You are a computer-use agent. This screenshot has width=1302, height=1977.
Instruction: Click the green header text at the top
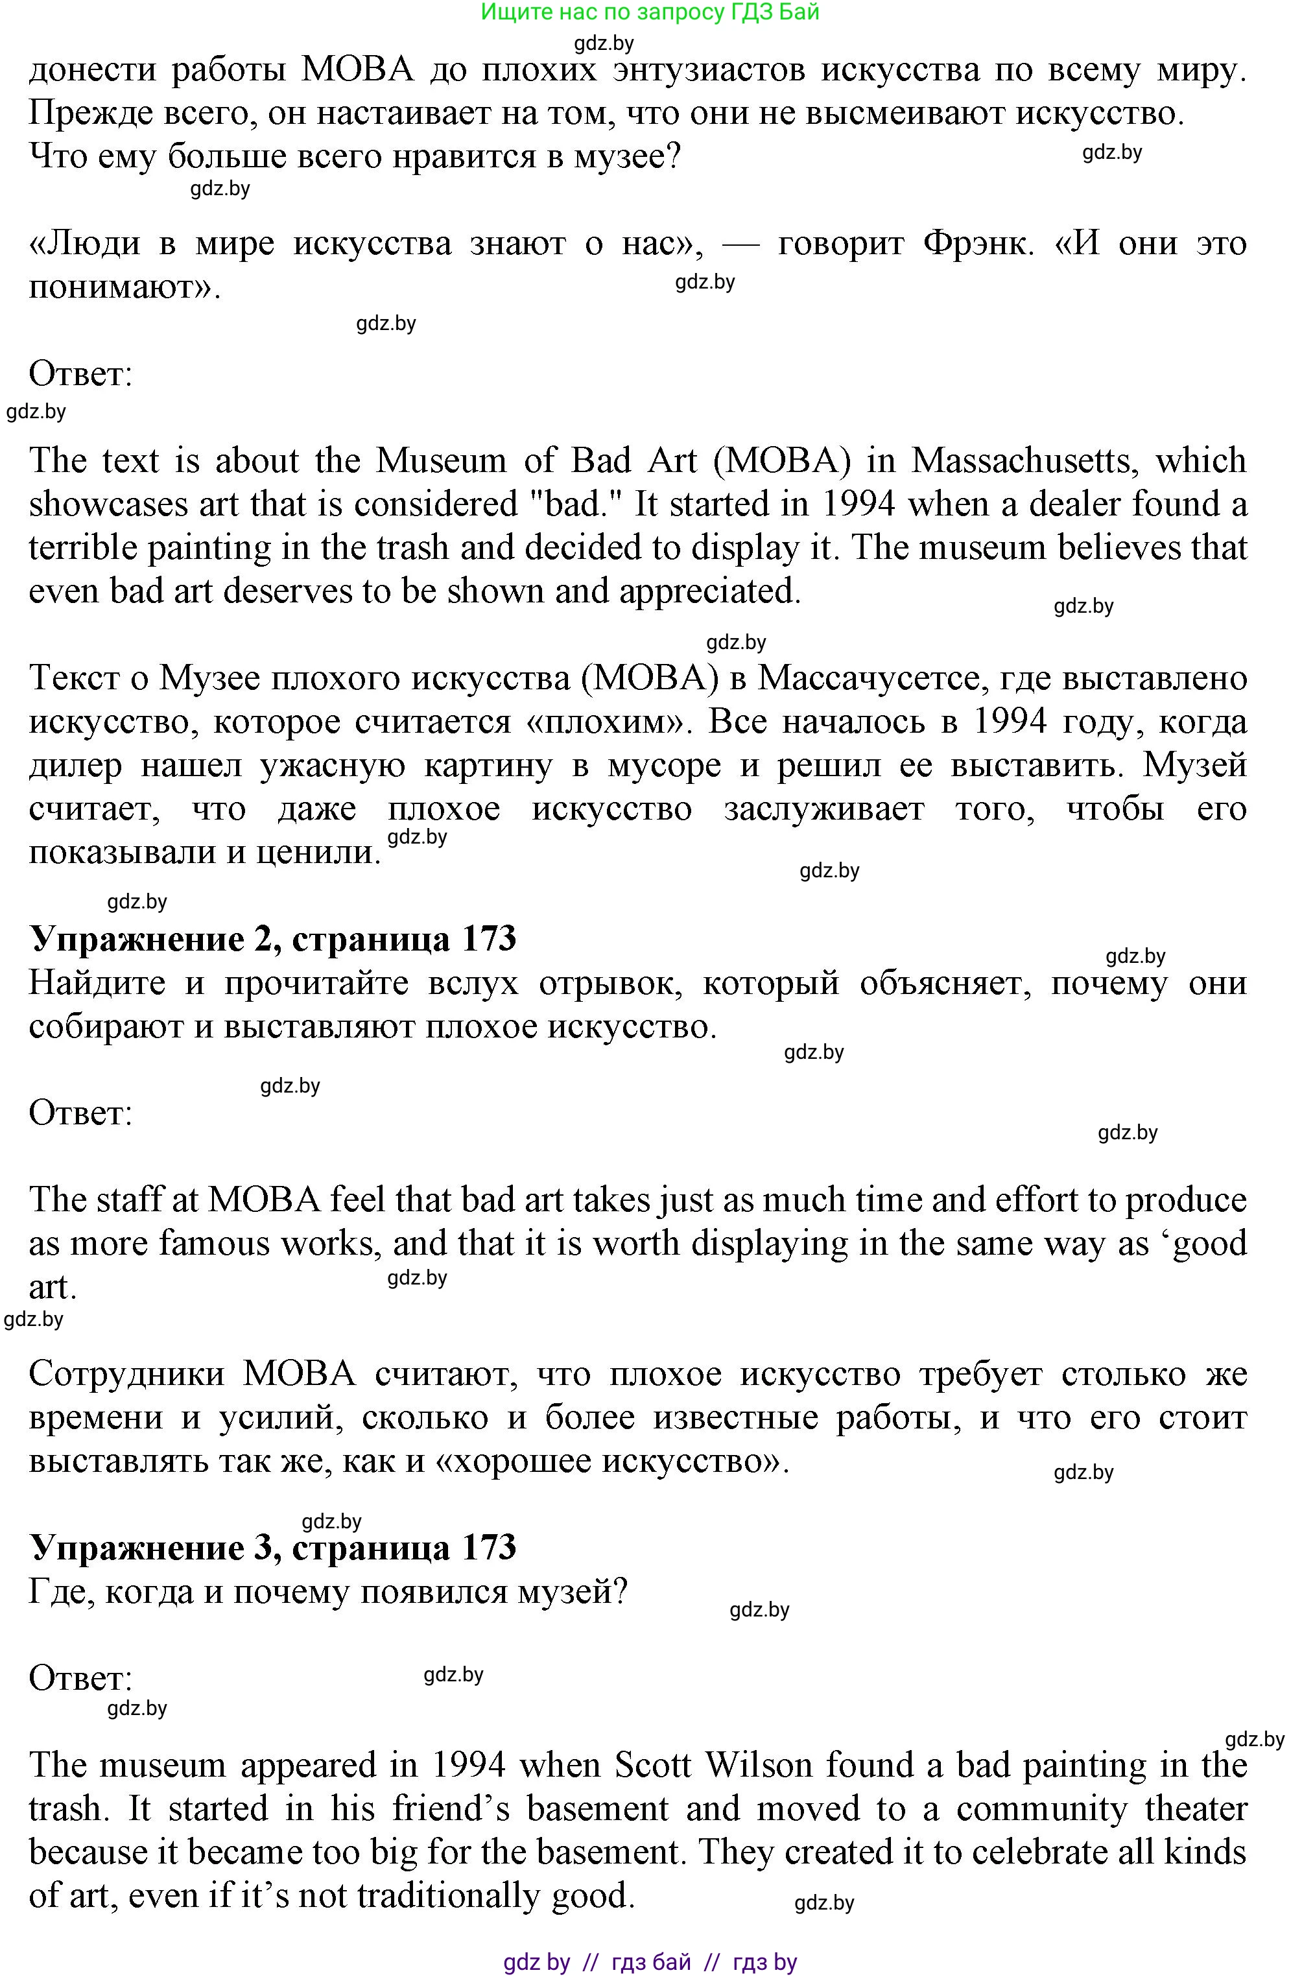click(x=650, y=12)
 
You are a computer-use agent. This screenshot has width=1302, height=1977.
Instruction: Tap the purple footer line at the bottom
click(x=650, y=1962)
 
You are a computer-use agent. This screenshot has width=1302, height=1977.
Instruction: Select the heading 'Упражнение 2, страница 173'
click(x=272, y=939)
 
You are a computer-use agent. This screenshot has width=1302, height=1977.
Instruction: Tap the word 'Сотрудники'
click(x=126, y=1374)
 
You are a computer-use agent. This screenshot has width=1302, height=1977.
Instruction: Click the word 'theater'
click(x=1196, y=1808)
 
